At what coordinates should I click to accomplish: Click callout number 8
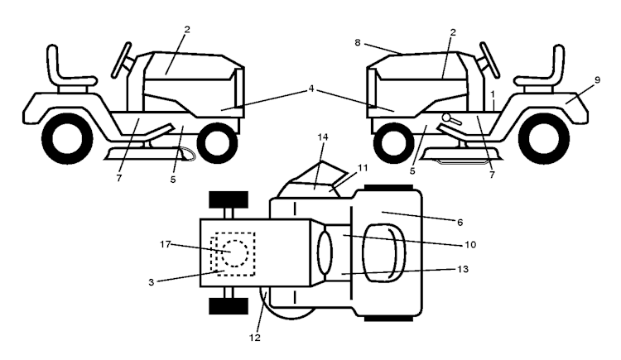click(358, 42)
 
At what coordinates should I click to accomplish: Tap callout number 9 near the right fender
click(597, 80)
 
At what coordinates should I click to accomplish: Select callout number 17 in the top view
click(165, 244)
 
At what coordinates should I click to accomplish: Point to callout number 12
click(255, 338)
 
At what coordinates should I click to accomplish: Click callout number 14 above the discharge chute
click(323, 137)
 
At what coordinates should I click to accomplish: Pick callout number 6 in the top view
click(460, 223)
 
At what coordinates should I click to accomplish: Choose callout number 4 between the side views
click(311, 89)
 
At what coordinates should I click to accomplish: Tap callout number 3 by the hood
click(152, 283)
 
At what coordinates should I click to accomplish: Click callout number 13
click(463, 269)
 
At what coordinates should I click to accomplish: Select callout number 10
click(470, 245)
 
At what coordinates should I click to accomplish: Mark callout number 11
click(363, 168)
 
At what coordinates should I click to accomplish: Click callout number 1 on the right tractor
click(493, 94)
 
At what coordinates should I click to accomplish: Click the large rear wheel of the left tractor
click(67, 139)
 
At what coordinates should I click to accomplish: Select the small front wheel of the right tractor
click(393, 142)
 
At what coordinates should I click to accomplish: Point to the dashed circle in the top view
click(235, 253)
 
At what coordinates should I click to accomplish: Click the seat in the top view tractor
click(383, 253)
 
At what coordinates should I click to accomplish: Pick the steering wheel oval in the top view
click(325, 253)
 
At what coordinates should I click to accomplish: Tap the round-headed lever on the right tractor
click(450, 119)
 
